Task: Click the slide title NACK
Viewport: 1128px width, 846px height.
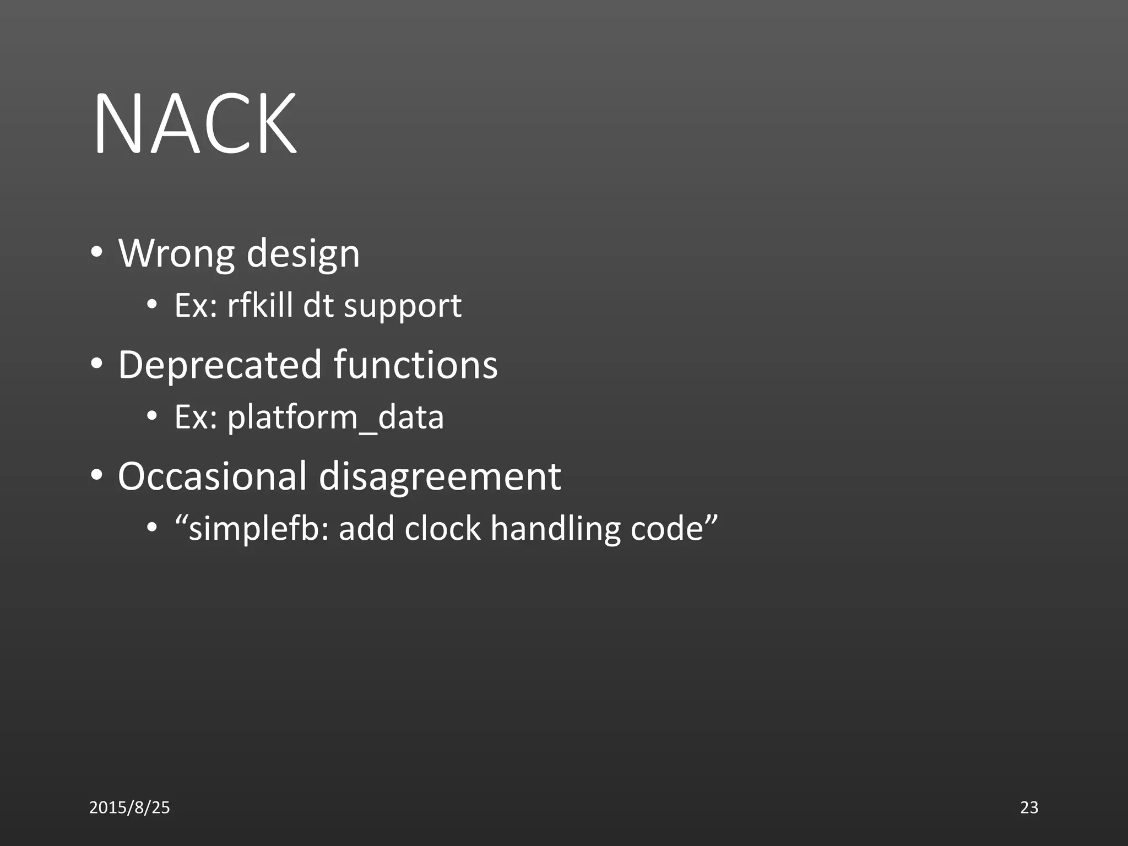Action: tap(196, 124)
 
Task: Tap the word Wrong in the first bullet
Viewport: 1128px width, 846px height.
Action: tap(177, 254)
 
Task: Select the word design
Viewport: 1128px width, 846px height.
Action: tap(303, 254)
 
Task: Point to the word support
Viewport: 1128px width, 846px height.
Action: tap(402, 306)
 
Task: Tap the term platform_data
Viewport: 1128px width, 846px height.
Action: tap(335, 417)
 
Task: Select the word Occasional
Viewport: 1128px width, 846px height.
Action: tap(212, 476)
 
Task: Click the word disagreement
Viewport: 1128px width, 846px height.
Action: tap(440, 476)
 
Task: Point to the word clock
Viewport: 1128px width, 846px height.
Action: tap(442, 529)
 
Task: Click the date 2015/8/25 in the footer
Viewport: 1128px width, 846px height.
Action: tap(129, 807)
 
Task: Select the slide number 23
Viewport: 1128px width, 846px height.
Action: tap(1029, 807)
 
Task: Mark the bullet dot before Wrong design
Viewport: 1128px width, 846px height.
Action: tap(97, 253)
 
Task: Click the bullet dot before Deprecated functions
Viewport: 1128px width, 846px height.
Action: tap(97, 364)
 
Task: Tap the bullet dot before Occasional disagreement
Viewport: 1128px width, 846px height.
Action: tap(97, 475)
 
